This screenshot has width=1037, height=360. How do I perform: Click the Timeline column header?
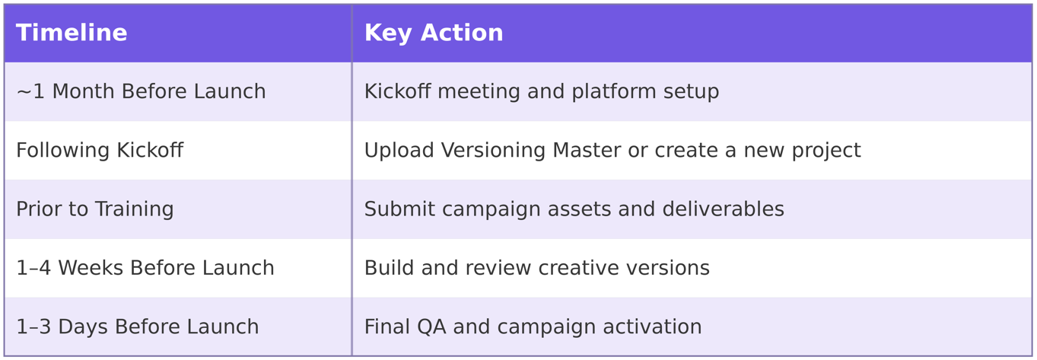pyautogui.click(x=72, y=33)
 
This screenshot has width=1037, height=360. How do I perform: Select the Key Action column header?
pyautogui.click(x=434, y=33)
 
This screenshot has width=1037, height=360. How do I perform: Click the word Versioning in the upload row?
pyautogui.click(x=493, y=151)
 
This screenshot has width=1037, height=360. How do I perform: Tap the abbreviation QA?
pyautogui.click(x=431, y=327)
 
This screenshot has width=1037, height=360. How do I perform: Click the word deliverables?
pyautogui.click(x=724, y=209)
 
